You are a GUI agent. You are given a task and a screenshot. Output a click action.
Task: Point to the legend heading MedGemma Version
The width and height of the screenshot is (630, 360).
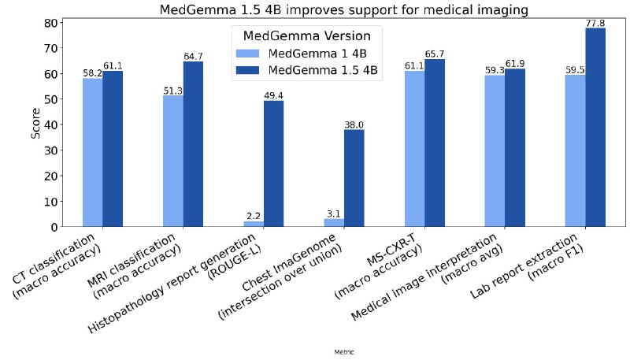312,35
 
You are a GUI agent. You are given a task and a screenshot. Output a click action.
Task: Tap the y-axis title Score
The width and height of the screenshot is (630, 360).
35,124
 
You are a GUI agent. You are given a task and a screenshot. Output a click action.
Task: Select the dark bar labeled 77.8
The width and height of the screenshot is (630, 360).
595,128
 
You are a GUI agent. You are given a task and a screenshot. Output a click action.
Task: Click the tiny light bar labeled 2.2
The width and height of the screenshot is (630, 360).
254,224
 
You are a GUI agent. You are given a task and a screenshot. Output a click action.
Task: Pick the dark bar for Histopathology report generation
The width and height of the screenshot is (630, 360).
273,164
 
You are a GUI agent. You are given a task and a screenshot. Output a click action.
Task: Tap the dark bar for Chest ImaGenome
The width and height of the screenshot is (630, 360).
354,178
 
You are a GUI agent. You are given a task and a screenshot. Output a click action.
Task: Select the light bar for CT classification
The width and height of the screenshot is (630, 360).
93,152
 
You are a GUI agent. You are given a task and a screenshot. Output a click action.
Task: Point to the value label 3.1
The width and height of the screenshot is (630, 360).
334,213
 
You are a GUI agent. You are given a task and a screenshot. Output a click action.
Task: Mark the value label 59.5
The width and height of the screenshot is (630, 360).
575,69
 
